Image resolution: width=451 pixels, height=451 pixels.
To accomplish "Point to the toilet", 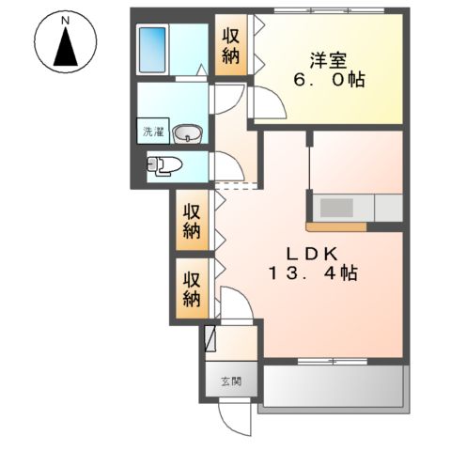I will click(164, 167).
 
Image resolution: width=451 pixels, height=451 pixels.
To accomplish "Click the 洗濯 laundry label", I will click(150, 132).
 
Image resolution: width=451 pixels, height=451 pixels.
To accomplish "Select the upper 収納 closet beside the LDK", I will click(192, 219).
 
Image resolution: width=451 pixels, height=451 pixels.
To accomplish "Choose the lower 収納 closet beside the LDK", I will click(192, 289).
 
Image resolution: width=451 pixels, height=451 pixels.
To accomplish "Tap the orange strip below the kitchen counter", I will click(335, 226).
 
